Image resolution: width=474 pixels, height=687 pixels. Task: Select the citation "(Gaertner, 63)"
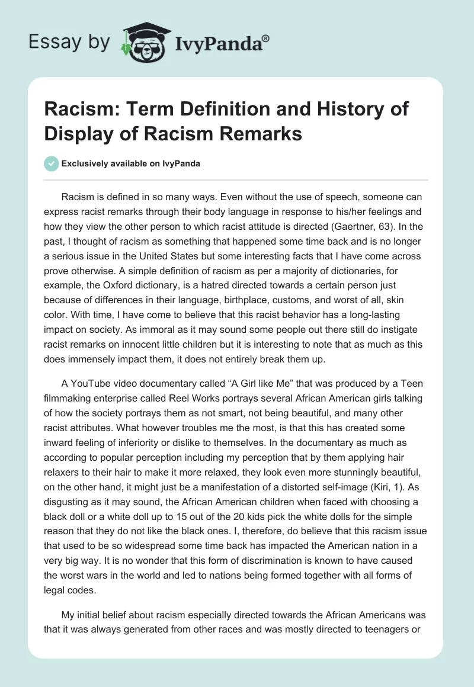[371, 227]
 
